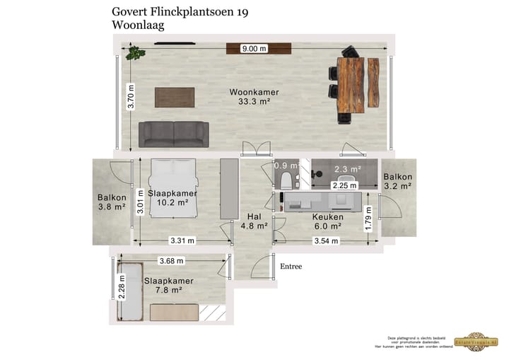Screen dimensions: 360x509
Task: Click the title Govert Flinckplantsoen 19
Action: (180, 11)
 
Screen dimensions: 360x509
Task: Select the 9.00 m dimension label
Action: (254, 49)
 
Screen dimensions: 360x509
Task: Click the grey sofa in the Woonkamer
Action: (173, 133)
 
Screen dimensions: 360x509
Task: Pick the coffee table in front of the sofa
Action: (174, 98)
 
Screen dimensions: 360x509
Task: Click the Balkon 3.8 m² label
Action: (112, 202)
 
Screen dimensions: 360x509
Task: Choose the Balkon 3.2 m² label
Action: (399, 182)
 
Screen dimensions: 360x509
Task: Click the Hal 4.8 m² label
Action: (253, 221)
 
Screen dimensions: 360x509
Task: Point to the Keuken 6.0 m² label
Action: (327, 221)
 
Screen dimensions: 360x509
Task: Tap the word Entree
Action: (291, 267)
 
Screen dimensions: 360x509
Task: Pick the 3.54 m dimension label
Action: (326, 241)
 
